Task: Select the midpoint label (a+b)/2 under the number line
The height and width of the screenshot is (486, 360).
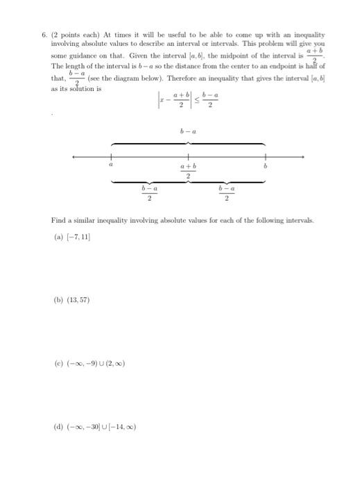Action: point(188,171)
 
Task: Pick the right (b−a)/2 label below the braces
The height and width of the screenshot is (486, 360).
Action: point(227,192)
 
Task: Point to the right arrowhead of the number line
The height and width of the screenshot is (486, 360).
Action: point(300,156)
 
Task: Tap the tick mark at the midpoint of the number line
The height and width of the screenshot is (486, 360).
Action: point(187,156)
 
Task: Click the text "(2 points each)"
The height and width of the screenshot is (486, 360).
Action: point(75,34)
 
